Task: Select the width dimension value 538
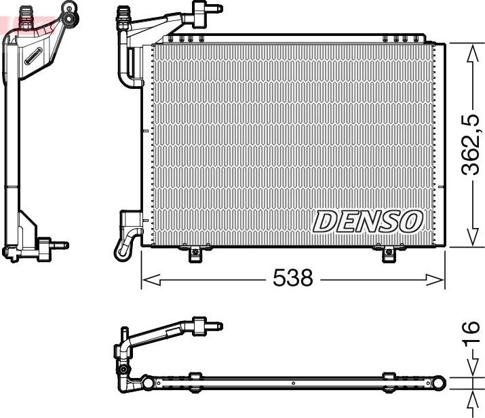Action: pos(292,278)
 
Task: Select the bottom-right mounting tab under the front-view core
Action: pos(388,254)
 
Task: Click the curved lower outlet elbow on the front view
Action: pos(126,246)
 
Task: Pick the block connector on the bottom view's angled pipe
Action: pos(199,326)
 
